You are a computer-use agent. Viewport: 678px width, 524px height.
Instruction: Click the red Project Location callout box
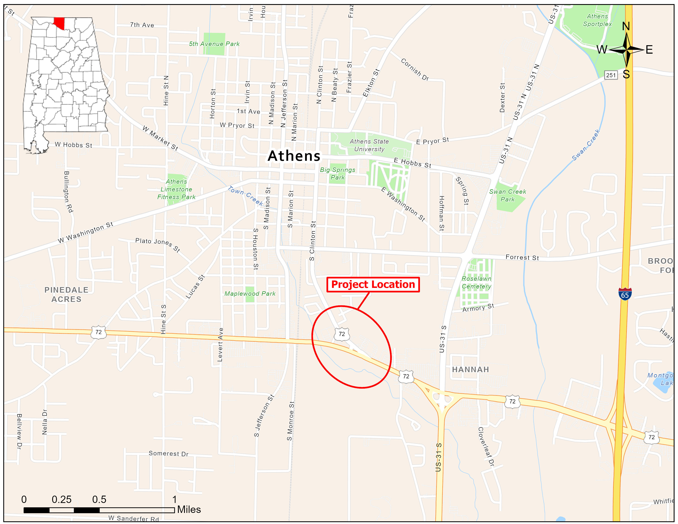tap(373, 284)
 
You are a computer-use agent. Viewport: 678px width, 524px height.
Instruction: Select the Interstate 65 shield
tap(625, 294)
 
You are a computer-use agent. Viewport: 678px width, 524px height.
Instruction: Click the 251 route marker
tap(611, 75)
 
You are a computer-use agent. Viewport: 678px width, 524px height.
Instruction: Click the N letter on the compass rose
tap(626, 26)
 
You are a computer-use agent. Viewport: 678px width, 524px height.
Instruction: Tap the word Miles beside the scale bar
tap(189, 509)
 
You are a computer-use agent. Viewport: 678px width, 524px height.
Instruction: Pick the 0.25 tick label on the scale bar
tap(61, 500)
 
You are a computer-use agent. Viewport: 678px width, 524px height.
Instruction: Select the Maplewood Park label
tap(250, 294)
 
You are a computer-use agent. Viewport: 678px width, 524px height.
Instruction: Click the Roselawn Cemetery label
tap(476, 283)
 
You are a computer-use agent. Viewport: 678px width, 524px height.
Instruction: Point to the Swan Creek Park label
tap(507, 196)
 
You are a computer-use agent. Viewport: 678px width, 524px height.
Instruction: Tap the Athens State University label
tap(369, 145)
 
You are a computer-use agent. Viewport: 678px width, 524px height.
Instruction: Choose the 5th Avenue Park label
tap(214, 44)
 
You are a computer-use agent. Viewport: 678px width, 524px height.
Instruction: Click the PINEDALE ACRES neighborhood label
tap(66, 294)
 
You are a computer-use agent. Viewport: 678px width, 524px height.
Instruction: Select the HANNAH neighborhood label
tap(470, 369)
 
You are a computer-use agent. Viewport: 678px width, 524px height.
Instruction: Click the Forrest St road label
tap(522, 257)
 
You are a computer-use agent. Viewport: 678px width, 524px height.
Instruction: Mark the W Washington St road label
tap(85, 232)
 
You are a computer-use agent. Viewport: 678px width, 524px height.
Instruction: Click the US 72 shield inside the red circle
tap(342, 334)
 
